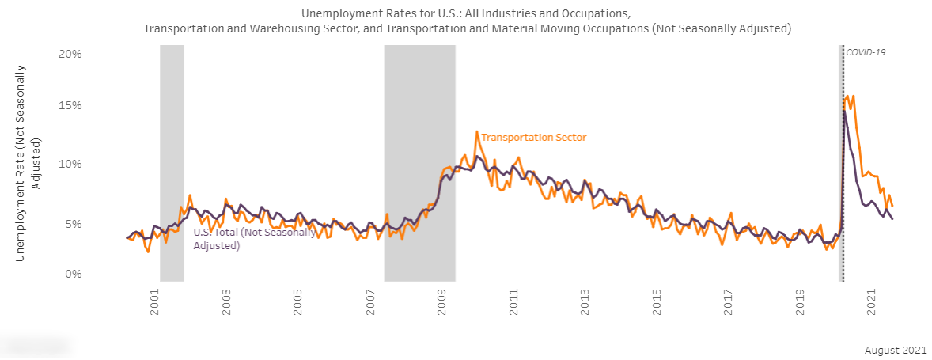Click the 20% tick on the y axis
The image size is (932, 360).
pyautogui.click(x=71, y=54)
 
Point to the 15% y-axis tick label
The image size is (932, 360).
pyautogui.click(x=71, y=106)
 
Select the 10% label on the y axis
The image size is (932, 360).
pyautogui.click(x=71, y=165)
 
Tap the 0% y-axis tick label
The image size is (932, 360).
pyautogui.click(x=74, y=274)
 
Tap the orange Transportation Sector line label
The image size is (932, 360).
pyautogui.click(x=534, y=138)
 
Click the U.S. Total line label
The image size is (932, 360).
pyautogui.click(x=255, y=239)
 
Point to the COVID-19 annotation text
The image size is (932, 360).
pyautogui.click(x=866, y=52)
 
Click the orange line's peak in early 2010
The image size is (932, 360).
pyautogui.click(x=477, y=131)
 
